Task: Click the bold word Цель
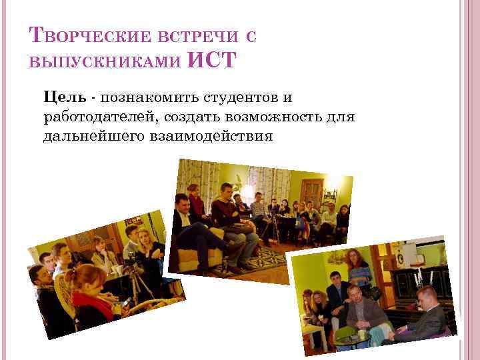[64, 98]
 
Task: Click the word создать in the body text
[200, 117]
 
